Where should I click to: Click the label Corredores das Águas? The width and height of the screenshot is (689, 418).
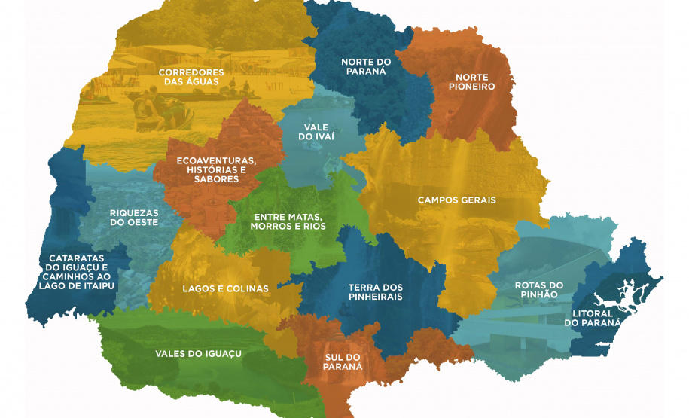tap(190, 77)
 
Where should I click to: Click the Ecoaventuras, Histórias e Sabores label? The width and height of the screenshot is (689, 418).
tap(216, 169)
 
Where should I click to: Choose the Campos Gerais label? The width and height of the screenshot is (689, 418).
tap(456, 200)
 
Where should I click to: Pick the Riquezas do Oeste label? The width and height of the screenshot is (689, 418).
tap(133, 218)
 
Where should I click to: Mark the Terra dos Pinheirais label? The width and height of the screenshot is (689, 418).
tap(375, 292)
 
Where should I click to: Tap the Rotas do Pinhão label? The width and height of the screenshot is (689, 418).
tap(538, 290)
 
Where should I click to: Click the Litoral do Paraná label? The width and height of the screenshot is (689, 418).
tap(593, 318)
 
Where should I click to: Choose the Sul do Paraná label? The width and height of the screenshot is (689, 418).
tap(343, 361)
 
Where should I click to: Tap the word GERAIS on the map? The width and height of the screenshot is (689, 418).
tap(479, 200)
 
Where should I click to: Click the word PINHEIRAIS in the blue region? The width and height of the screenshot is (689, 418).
tap(375, 297)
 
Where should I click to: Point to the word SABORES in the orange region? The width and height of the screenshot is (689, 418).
tap(216, 179)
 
